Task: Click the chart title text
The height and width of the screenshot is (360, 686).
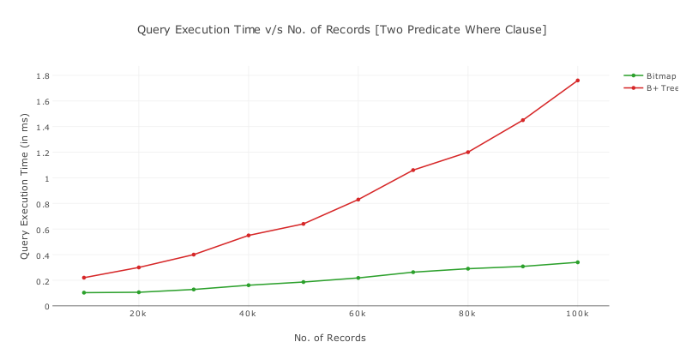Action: [341, 30]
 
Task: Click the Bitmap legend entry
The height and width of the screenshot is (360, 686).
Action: [660, 75]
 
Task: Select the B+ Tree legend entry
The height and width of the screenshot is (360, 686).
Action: [662, 87]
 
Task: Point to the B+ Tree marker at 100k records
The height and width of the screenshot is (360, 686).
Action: [577, 81]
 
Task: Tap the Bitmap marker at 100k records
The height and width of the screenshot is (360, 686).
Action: [577, 262]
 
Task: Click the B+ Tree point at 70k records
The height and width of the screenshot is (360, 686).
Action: [412, 170]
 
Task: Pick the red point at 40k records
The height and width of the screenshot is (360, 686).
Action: [248, 236]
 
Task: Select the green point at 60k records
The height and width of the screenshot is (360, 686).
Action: [358, 278]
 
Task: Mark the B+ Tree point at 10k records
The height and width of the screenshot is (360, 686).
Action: [83, 278]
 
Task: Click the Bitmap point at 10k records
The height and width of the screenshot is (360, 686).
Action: [83, 293]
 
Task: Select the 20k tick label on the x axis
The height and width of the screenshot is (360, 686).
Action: [138, 315]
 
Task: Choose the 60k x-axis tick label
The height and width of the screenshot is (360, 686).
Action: [358, 315]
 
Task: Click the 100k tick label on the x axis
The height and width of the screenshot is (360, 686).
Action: [577, 315]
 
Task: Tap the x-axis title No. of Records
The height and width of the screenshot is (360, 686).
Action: [330, 338]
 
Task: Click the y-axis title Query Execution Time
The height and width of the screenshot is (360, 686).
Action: [25, 190]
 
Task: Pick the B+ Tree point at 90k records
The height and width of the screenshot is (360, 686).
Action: [522, 120]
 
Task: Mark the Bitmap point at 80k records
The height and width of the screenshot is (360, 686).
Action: [467, 269]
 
